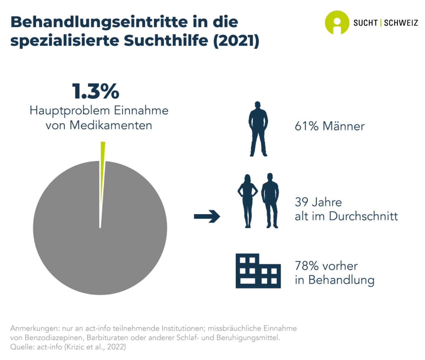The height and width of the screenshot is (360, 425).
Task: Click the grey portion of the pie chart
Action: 100,242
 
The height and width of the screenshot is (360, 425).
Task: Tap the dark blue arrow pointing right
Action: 207,216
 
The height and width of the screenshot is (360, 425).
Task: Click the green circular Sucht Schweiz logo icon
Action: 337,22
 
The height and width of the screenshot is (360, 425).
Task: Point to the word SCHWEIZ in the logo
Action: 401,23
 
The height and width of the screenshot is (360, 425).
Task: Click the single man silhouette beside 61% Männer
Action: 258,129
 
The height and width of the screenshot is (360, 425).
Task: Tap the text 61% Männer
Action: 329,126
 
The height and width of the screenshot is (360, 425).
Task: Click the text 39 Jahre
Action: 318,202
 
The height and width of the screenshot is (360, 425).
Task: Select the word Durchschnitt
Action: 363,216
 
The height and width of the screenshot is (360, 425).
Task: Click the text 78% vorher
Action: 326,266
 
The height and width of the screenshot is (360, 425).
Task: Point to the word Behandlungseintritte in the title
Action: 99,22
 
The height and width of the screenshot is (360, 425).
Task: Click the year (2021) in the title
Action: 236,40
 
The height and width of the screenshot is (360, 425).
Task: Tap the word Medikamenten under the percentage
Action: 111,125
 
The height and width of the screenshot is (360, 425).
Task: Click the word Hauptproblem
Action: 70,110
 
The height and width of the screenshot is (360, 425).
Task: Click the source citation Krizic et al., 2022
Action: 95,347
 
